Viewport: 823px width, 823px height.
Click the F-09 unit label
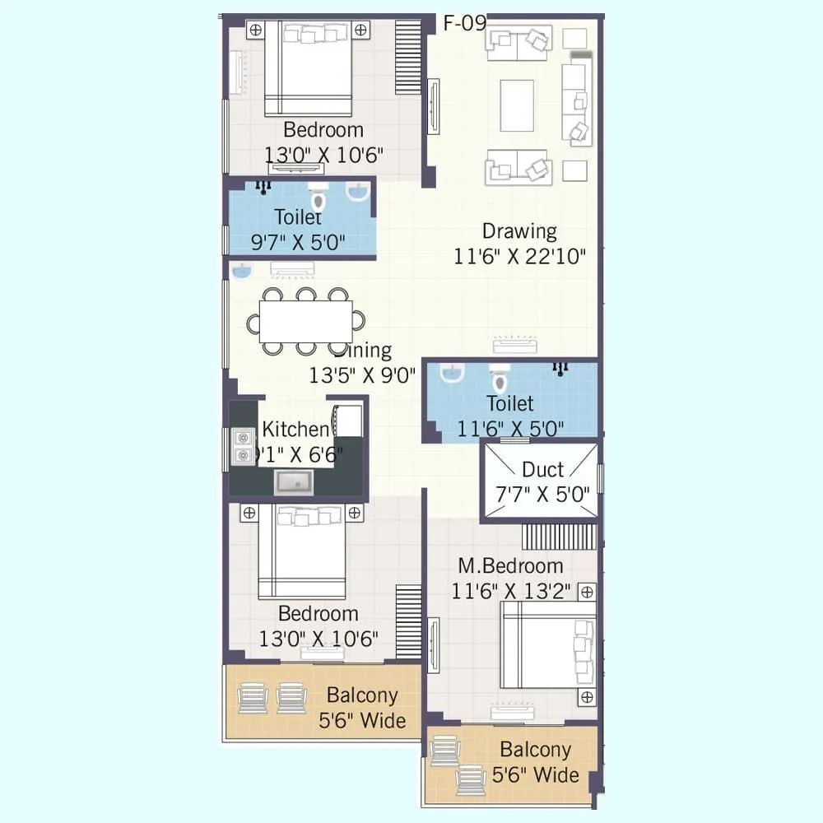tap(465, 23)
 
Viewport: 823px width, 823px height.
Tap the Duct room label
tap(542, 470)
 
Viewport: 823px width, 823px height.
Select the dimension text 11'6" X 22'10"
tap(519, 257)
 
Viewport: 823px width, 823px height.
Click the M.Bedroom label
tap(510, 566)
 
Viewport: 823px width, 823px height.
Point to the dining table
tap(305, 322)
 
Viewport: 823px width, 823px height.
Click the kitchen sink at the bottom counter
tap(292, 481)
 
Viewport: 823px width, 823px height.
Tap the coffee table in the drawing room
tap(518, 105)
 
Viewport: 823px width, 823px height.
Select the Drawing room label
tap(519, 231)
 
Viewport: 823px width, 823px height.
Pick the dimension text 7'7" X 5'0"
tap(542, 495)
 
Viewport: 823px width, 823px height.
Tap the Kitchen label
tap(295, 429)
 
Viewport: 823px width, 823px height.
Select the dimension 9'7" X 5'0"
tap(297, 243)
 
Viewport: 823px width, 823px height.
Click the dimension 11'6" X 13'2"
tap(510, 591)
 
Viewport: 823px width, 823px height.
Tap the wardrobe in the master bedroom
tap(559, 536)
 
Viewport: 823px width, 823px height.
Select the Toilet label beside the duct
tap(509, 403)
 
